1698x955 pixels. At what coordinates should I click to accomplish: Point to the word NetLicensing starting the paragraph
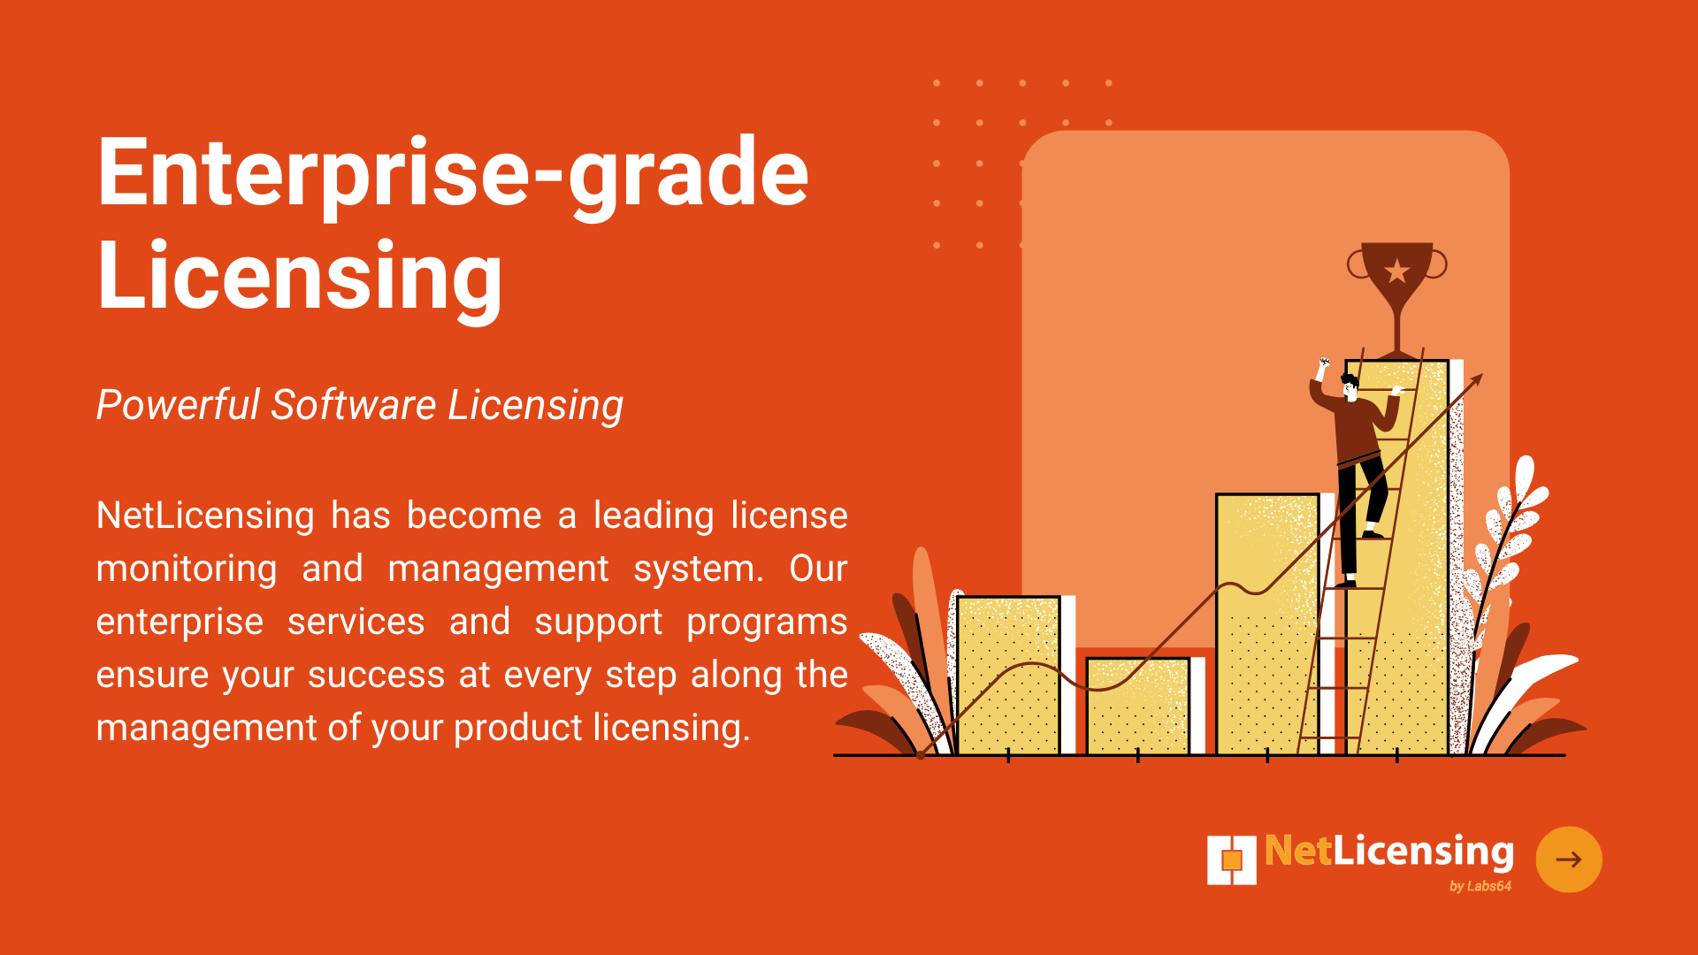pos(205,516)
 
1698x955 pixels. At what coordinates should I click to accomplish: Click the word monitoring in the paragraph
pos(187,569)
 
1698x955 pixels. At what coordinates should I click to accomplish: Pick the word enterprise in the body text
pos(180,623)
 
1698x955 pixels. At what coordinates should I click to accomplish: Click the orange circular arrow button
pos(1569,859)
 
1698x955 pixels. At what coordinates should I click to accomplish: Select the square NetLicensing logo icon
pos(1232,859)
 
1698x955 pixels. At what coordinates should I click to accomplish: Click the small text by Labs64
pos(1480,886)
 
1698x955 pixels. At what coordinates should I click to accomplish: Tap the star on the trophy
pos(1397,271)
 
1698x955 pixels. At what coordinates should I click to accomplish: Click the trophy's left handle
pos(1357,264)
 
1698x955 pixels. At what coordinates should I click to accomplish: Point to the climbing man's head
pos(1350,386)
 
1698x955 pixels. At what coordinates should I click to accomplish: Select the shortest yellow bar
pos(1137,706)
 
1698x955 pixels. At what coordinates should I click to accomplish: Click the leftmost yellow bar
pos(1008,676)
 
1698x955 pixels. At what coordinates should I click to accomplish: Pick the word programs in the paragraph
pos(767,623)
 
